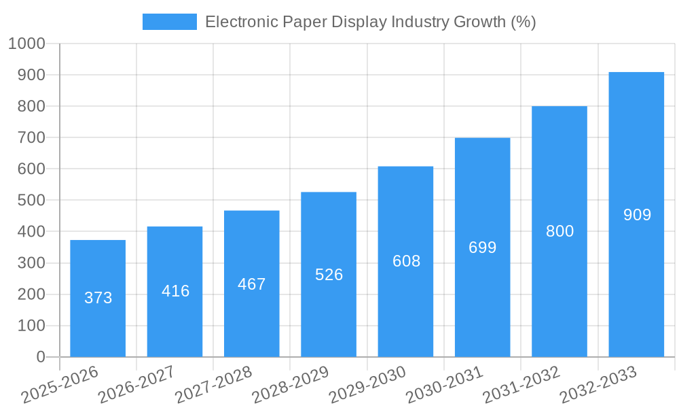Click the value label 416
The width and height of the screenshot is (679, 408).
pyautogui.click(x=175, y=291)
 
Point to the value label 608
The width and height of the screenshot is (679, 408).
pyautogui.click(x=406, y=261)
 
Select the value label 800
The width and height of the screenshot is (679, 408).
pyautogui.click(x=559, y=231)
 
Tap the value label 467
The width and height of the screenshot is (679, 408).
pyautogui.click(x=252, y=284)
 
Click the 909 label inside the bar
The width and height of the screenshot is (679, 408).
pyautogui.click(x=637, y=215)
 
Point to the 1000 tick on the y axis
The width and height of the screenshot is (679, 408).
pyautogui.click(x=26, y=44)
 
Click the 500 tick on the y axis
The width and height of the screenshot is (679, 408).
pyautogui.click(x=31, y=201)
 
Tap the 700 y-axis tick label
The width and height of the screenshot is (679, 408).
pyautogui.click(x=31, y=137)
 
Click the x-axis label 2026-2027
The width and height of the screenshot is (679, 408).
pyautogui.click(x=136, y=386)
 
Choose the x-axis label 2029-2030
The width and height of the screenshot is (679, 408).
pyautogui.click(x=367, y=386)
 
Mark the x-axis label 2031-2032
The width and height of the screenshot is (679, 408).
pyautogui.click(x=521, y=386)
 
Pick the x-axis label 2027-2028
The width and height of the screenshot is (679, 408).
pyautogui.click(x=213, y=386)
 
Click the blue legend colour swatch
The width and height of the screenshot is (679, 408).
pyautogui.click(x=169, y=22)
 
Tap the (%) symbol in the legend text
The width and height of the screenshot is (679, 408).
pyautogui.click(x=522, y=22)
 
